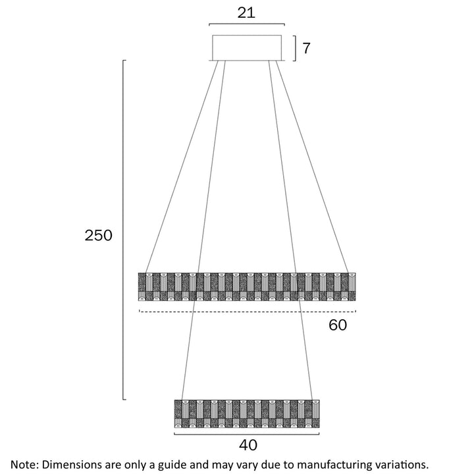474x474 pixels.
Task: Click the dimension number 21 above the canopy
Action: click(246, 13)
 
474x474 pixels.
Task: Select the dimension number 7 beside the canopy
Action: click(305, 47)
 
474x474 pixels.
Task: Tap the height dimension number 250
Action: click(99, 236)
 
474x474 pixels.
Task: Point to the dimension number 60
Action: click(337, 325)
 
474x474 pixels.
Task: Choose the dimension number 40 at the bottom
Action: click(248, 445)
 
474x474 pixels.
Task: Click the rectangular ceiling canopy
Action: click(248, 47)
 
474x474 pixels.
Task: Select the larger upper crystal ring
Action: click(247, 286)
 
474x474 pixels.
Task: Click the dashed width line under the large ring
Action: click(247, 311)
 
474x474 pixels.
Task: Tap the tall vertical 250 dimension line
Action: click(124, 230)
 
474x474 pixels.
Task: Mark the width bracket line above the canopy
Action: click(247, 25)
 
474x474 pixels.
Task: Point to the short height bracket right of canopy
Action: click(294, 47)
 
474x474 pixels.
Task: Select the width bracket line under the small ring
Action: click(247, 434)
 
